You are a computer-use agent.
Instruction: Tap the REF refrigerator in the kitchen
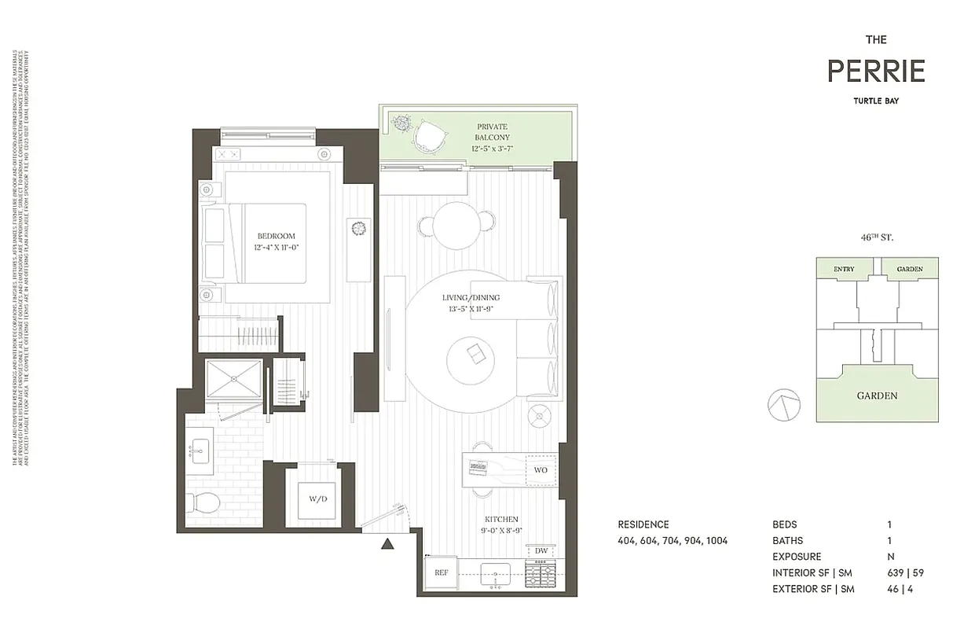point(441,573)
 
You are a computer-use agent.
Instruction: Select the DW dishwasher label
point(541,551)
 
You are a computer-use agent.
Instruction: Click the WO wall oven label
point(541,469)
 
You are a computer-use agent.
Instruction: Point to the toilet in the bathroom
point(203,502)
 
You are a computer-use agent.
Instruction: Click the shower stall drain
point(234,377)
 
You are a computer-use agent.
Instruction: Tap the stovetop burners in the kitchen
point(541,577)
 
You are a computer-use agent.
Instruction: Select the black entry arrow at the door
point(387,543)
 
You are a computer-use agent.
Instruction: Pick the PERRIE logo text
point(876,72)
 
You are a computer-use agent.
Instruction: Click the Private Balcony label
point(492,131)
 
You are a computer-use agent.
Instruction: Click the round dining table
point(456,225)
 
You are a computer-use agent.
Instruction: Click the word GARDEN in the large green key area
point(877,395)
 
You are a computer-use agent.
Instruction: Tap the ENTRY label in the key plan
point(843,270)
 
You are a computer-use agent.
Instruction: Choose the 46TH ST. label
point(877,237)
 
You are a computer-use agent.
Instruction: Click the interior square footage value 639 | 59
point(902,572)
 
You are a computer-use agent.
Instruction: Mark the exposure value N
point(889,557)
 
